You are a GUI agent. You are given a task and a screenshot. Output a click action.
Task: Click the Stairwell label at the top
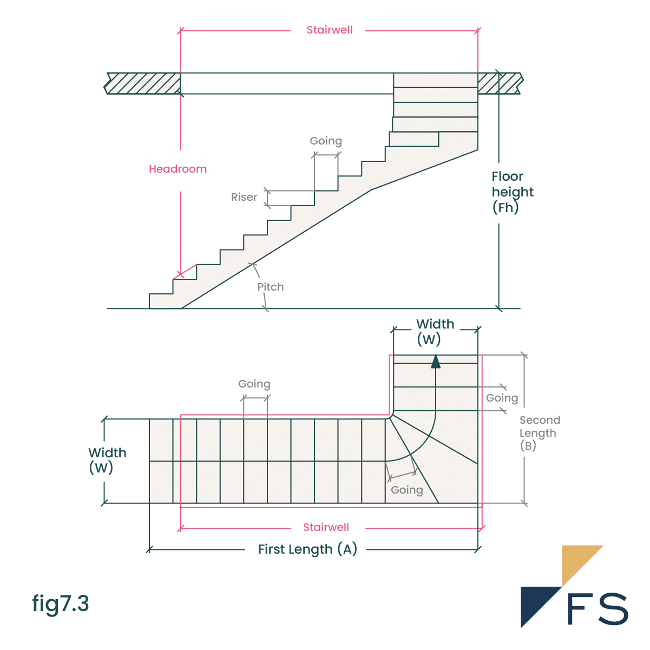[329, 30]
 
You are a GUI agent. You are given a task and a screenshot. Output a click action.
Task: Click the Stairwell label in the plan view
[326, 527]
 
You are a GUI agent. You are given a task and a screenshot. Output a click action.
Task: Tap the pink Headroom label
[178, 169]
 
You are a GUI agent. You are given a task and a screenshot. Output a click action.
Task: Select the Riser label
[244, 197]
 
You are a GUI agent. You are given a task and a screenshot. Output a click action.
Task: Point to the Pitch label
[270, 287]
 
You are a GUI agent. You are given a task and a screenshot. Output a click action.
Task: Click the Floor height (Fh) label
[512, 192]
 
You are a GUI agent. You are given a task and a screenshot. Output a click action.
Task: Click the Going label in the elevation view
[325, 141]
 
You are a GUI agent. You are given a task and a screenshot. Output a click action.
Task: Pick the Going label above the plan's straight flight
[254, 384]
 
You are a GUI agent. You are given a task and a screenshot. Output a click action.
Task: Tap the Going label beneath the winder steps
[406, 490]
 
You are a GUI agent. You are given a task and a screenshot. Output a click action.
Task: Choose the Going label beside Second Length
[502, 398]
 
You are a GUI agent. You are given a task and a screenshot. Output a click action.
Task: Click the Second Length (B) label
[539, 433]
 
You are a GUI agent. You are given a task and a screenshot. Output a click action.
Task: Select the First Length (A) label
[307, 549]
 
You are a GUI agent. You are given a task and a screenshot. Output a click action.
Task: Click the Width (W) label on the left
[107, 460]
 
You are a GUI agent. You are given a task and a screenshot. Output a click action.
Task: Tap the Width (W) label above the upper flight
[435, 331]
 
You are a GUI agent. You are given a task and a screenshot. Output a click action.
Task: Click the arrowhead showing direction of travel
[436, 361]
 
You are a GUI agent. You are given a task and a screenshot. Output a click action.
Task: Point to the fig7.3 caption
[60, 603]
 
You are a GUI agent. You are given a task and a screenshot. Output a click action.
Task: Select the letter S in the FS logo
[613, 609]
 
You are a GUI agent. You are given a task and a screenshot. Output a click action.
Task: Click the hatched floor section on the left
[143, 83]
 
